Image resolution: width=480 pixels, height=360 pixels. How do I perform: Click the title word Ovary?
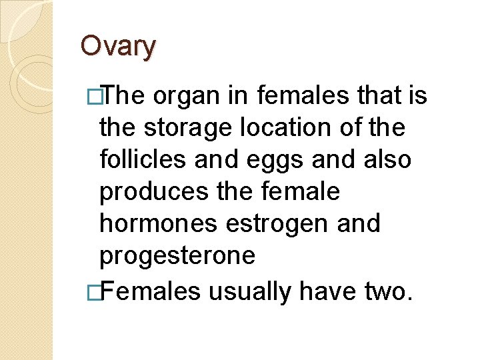[118, 45]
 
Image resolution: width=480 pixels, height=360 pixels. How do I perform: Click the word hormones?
[159, 225]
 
